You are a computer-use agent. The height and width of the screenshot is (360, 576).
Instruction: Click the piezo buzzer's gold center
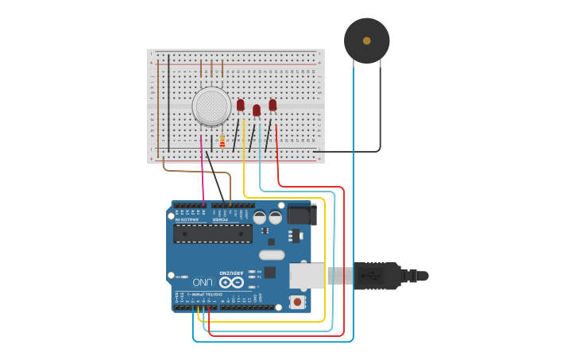click(366, 41)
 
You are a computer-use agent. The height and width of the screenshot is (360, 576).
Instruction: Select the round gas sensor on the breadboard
click(212, 106)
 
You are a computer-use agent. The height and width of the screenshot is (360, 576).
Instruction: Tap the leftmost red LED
click(240, 105)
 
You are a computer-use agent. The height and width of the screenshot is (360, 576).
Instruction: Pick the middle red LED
click(256, 110)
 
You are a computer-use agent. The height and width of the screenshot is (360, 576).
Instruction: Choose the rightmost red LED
click(273, 105)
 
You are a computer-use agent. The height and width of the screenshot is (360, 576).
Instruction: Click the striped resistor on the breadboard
click(222, 141)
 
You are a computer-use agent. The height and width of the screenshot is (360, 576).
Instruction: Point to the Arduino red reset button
click(297, 301)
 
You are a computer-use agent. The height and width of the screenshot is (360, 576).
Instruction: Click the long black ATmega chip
click(213, 233)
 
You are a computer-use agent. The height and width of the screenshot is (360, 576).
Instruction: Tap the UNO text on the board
click(203, 282)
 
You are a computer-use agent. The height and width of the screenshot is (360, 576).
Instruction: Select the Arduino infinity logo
click(231, 282)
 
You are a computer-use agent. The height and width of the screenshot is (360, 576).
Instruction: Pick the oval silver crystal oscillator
click(271, 255)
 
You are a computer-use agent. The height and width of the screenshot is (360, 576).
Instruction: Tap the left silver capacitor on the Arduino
click(260, 217)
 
